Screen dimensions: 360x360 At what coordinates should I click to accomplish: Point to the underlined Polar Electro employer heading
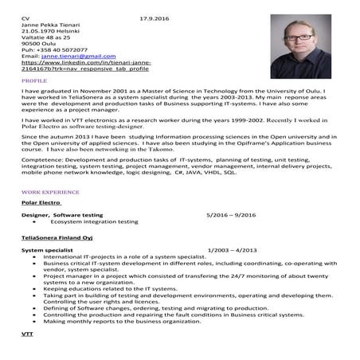41,204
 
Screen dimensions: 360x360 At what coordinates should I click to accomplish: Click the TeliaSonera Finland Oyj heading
57,237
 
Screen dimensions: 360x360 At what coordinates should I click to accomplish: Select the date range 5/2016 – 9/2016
232,215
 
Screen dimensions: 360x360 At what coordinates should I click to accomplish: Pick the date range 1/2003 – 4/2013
232,250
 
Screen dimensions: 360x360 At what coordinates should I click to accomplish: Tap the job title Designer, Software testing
62,215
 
